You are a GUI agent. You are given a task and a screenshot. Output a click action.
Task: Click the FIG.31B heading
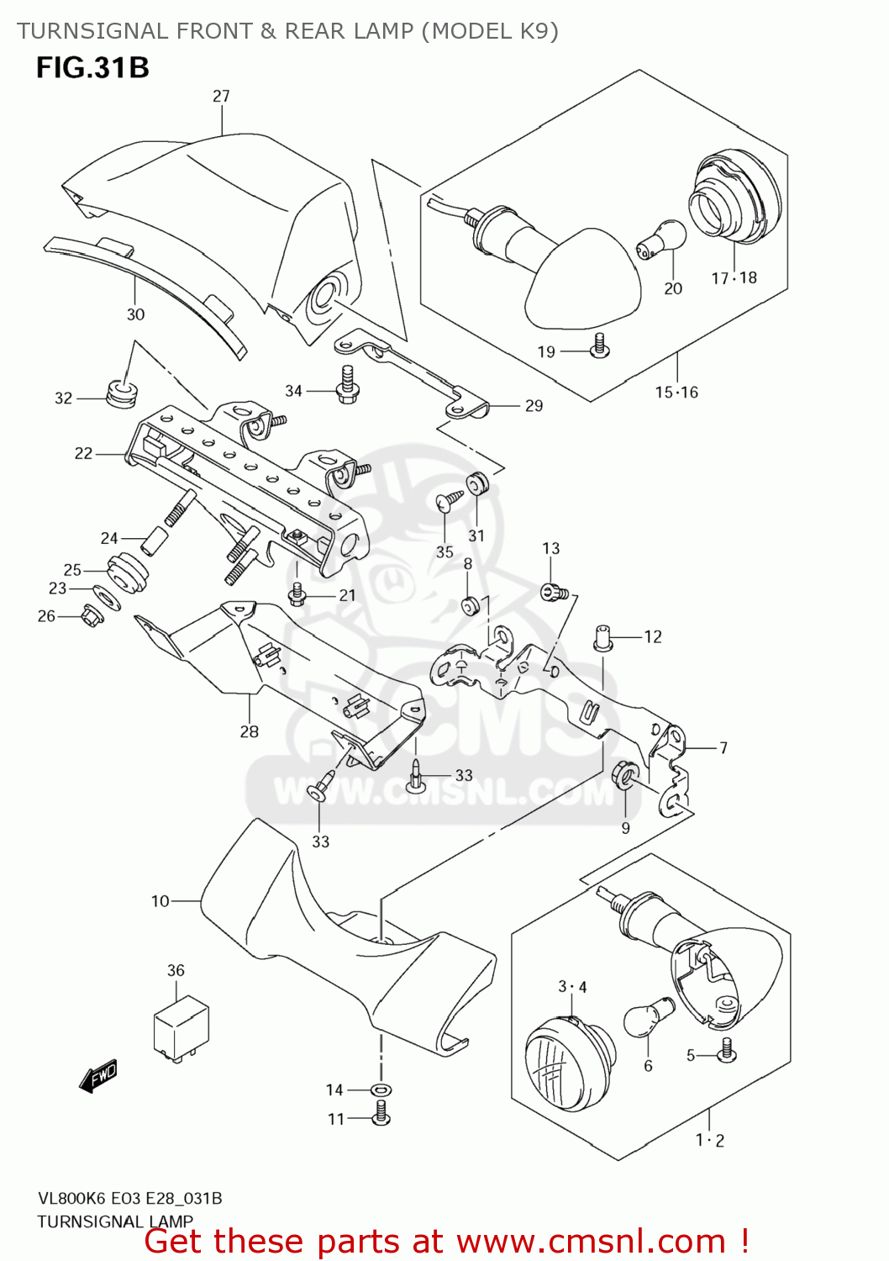point(92,67)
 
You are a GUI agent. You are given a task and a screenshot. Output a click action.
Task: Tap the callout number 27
point(221,96)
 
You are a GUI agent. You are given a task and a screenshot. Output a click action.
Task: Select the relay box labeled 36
point(181,1026)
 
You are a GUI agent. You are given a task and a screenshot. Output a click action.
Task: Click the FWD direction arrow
point(98,1076)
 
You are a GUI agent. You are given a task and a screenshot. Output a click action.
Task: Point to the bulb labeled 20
point(661,239)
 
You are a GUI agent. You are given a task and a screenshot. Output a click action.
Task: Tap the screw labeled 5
point(727,1050)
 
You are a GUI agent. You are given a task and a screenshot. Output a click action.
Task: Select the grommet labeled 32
point(122,393)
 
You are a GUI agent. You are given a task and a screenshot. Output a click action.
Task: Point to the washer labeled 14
point(381,1090)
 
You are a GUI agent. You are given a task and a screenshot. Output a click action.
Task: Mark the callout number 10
point(160,901)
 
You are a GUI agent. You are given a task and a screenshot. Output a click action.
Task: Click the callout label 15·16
point(676,392)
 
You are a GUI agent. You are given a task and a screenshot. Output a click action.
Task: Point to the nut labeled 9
point(624,773)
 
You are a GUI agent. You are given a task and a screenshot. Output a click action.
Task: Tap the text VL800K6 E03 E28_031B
point(129,1198)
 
